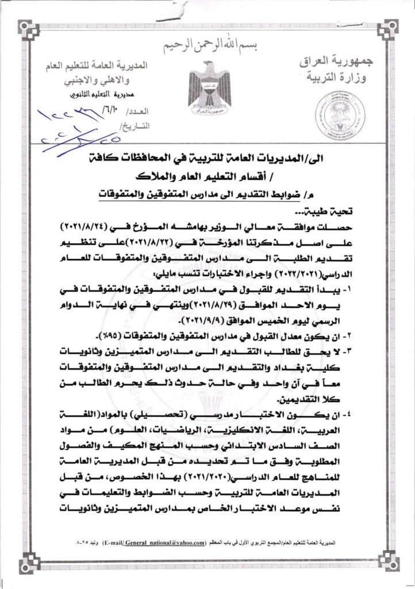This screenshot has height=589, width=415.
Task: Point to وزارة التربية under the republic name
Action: [335, 78]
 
